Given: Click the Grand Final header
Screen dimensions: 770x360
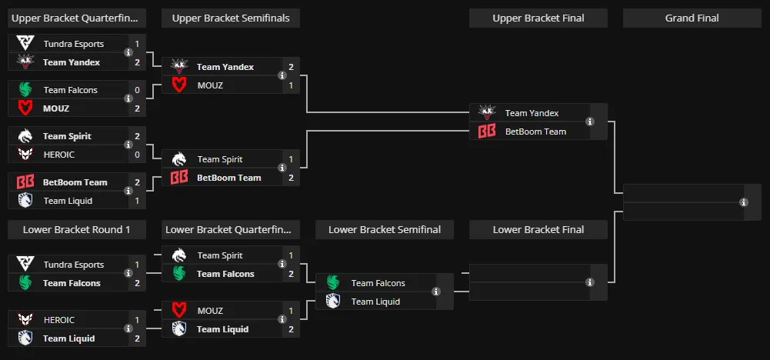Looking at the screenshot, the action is [x=692, y=18].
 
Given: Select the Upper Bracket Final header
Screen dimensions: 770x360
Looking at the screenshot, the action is [x=538, y=18].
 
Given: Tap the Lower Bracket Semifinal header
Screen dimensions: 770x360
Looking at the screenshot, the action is [x=385, y=230].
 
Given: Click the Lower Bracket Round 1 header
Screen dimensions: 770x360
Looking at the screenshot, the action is [x=77, y=230].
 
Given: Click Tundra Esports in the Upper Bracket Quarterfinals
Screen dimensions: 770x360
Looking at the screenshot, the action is [x=74, y=44].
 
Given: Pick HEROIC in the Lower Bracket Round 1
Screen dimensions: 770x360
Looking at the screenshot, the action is [x=59, y=320].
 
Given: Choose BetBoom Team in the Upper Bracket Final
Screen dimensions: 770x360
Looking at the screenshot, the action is [x=535, y=132].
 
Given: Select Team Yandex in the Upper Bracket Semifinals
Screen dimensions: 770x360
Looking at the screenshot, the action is [x=225, y=67].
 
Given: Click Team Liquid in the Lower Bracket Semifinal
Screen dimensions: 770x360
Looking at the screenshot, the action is [x=375, y=302].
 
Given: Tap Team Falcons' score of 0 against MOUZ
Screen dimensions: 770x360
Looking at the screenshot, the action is [x=137, y=90].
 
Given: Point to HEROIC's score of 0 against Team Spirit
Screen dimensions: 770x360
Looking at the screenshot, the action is [x=137, y=155].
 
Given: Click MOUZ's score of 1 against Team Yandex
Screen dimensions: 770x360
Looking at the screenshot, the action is [x=292, y=85].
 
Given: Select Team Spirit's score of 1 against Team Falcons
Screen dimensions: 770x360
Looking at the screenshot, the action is [x=292, y=255].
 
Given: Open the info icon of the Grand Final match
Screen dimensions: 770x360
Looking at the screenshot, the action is [x=744, y=202].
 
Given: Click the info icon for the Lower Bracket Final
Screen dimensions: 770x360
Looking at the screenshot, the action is [x=590, y=282].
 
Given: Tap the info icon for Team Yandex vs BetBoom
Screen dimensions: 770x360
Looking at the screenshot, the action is [x=590, y=122].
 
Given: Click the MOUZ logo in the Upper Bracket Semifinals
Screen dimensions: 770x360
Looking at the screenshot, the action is [x=179, y=85].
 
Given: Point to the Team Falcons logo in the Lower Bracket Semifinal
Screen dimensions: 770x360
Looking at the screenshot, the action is [x=333, y=283].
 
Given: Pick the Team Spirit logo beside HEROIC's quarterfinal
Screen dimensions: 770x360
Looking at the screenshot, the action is [x=25, y=136].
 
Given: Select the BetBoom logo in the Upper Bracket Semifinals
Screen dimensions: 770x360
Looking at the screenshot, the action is [x=179, y=178].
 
